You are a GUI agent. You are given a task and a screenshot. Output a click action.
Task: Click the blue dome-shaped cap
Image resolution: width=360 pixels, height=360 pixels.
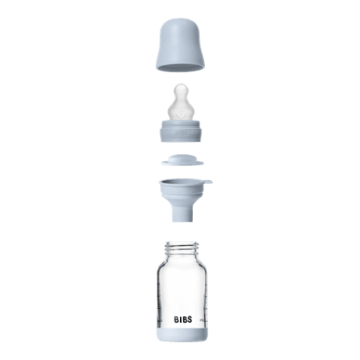pos(179,45)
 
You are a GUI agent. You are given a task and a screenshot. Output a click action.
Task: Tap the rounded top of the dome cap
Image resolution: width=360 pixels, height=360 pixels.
pos(179,23)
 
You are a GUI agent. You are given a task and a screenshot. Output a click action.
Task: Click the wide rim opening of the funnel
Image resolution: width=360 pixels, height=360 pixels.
pos(179,183)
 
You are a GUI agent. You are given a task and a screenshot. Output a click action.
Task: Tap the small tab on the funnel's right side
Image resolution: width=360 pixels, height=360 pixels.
pos(205,184)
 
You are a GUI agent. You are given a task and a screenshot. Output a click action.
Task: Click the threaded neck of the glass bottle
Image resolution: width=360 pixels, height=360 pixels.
pos(179,248)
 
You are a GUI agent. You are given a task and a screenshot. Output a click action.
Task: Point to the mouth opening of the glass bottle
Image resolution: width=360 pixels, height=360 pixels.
pos(179,241)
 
